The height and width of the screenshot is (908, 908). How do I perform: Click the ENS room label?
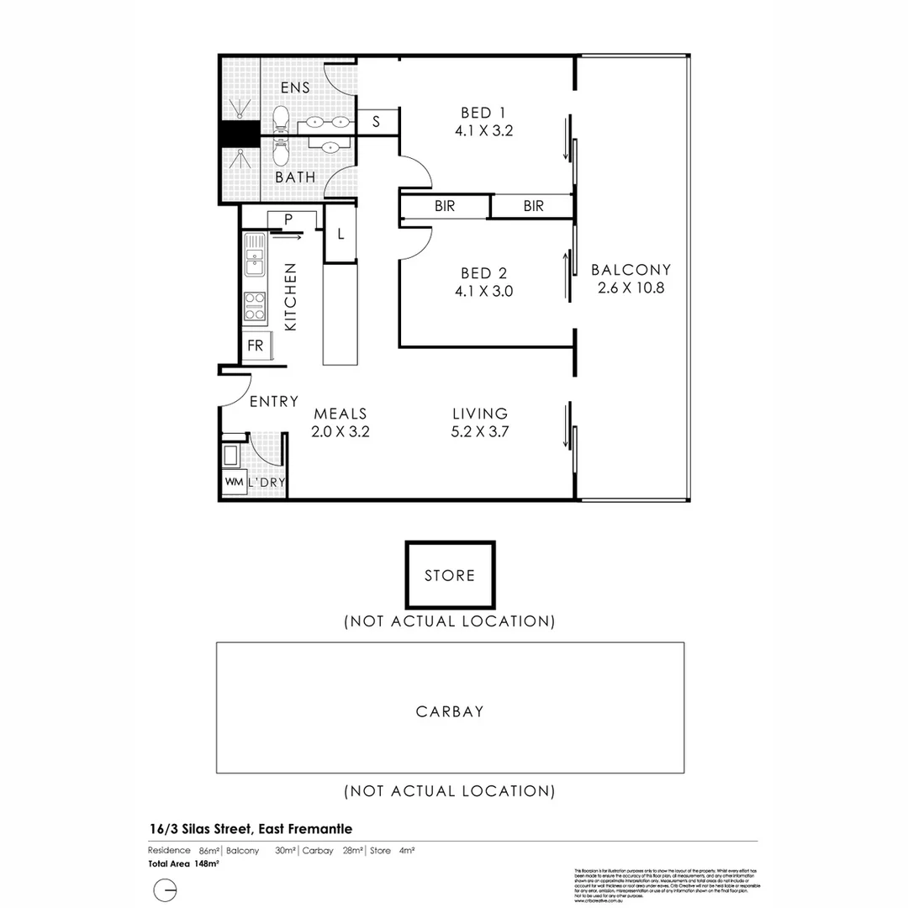295,87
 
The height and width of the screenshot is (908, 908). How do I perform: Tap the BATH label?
296,177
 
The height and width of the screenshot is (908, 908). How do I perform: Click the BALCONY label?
631,270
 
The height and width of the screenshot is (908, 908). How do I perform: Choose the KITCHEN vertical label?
291,296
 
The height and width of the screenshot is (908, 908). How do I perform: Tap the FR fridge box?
255,346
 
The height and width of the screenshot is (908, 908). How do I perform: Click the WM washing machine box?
233,482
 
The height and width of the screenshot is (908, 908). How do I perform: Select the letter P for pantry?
288,219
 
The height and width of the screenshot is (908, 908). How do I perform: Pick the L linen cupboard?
340,235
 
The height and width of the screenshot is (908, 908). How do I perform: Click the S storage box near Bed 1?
376,122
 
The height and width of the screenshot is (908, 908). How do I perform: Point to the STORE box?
450,575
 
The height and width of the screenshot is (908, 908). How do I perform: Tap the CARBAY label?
450,711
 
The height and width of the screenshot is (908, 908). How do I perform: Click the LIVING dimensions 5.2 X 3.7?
480,432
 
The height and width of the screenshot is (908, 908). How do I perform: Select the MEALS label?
340,414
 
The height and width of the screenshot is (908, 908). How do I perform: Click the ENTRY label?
274,402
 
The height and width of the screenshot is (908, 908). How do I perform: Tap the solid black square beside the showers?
239,135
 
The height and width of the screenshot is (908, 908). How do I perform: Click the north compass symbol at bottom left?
165,890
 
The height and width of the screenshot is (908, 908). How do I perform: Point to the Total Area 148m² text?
172,863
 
